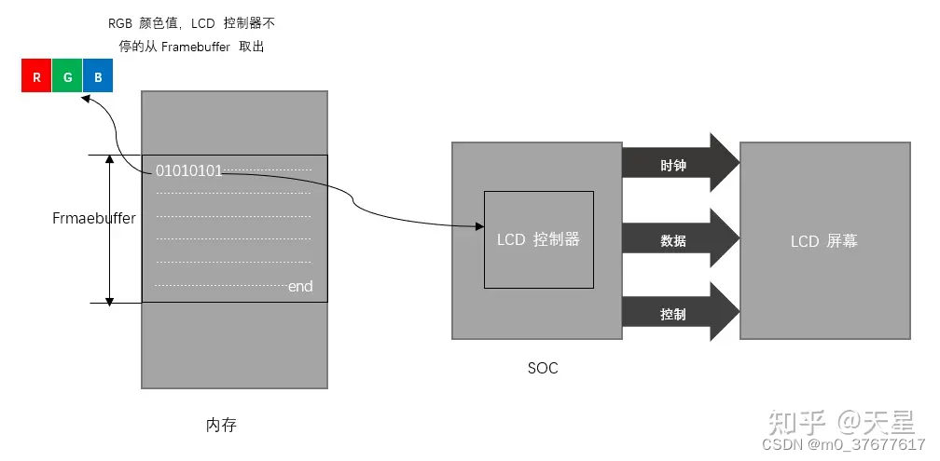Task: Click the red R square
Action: (36, 77)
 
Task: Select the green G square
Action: (67, 77)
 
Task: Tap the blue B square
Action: (98, 77)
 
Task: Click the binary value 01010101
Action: (188, 170)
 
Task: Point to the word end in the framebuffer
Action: (300, 286)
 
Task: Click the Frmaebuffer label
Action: (93, 219)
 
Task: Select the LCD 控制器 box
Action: (538, 239)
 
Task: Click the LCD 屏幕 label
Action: (823, 241)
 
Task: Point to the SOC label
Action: (542, 368)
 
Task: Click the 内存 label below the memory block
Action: (220, 425)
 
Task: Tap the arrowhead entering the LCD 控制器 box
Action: (478, 225)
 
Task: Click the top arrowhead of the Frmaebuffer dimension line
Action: (109, 160)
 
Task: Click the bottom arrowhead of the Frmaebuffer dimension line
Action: (109, 299)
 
